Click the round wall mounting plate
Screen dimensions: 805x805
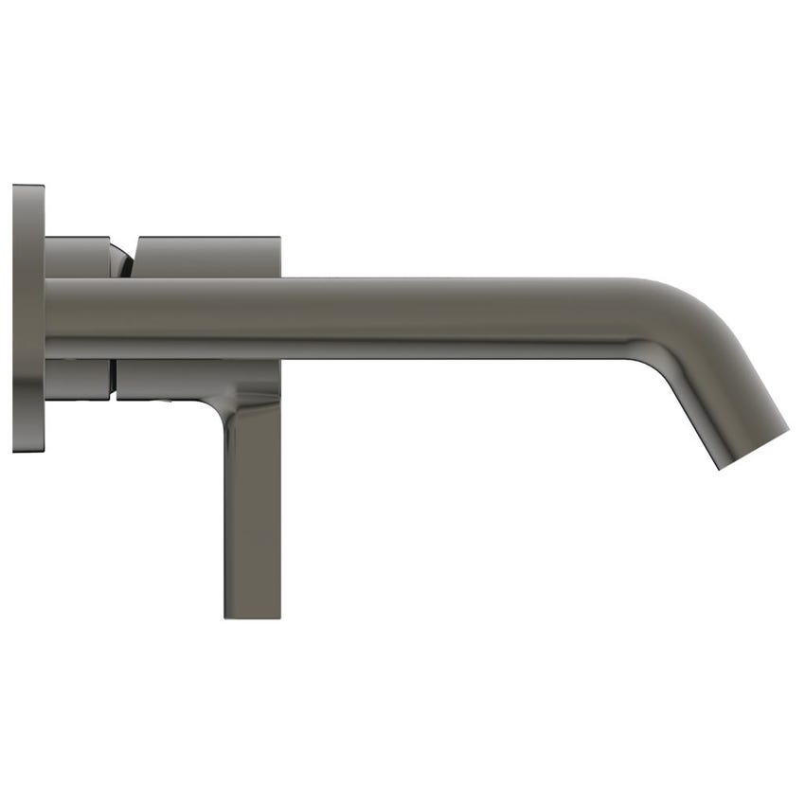coord(28,318)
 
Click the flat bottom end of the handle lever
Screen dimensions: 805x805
coord(252,616)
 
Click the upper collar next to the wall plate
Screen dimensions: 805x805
coord(78,257)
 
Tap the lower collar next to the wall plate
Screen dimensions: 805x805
coord(78,379)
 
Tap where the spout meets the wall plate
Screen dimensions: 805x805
coord(47,318)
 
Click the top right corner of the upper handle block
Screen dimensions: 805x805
coord(278,238)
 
